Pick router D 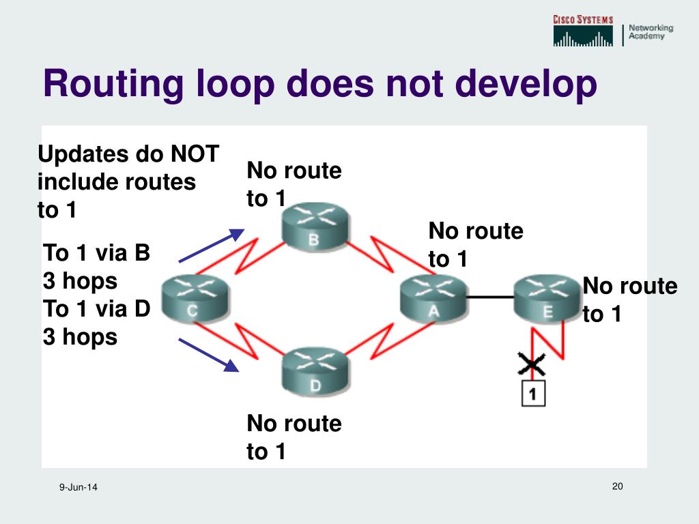pos(315,373)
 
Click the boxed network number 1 pos(533,394)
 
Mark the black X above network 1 pos(532,366)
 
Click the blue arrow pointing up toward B pos(211,246)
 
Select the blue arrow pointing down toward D pos(208,355)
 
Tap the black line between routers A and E pos(489,297)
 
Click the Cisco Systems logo pos(582,31)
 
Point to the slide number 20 pos(618,486)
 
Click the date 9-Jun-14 pos(79,487)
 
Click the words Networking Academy pos(651,32)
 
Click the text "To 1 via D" pos(96,309)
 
